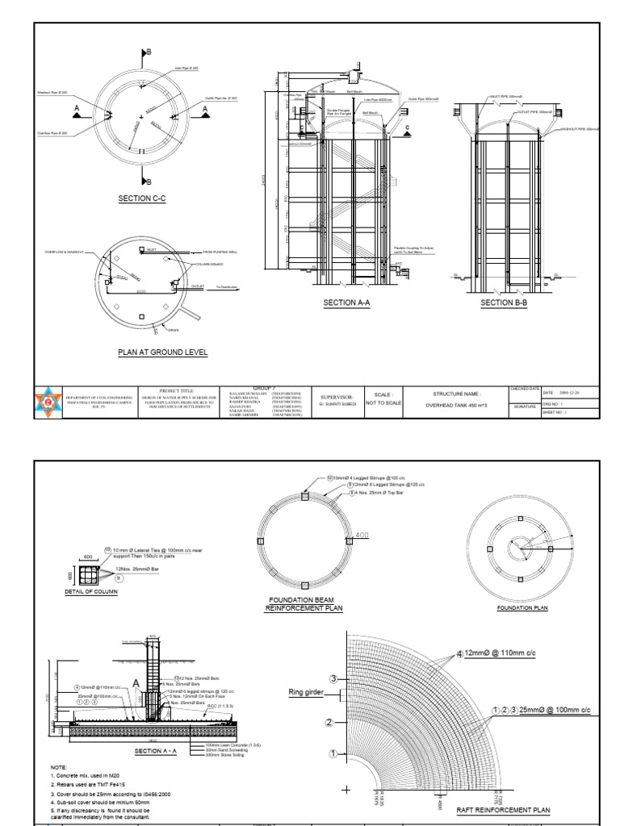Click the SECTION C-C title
tap(141, 198)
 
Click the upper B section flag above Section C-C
tap(145, 54)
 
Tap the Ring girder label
tap(306, 691)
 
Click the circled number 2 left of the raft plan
tap(329, 722)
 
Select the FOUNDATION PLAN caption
tap(522, 607)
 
